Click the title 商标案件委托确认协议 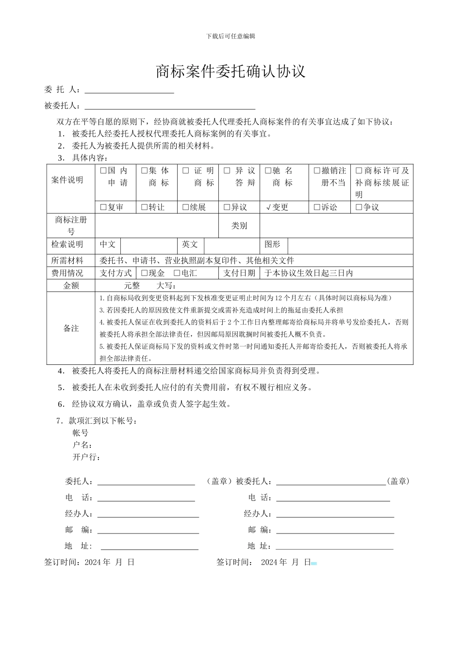click(230, 71)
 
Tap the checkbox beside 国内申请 click(103, 171)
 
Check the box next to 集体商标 click(145, 171)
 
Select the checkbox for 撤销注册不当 click(317, 171)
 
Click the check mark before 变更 click(268, 207)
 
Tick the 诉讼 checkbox click(317, 207)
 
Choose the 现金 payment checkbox click(145, 274)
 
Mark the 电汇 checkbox click(177, 274)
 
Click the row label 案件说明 click(67, 180)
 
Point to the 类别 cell click(239, 226)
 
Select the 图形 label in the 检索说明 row click(273, 244)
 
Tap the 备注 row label click(71, 328)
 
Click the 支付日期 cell click(239, 274)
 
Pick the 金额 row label click(71, 286)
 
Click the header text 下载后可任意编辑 click(230, 36)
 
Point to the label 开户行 click(86, 457)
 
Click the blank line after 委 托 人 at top click(129, 90)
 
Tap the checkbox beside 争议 click(359, 207)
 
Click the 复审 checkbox click(103, 207)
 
